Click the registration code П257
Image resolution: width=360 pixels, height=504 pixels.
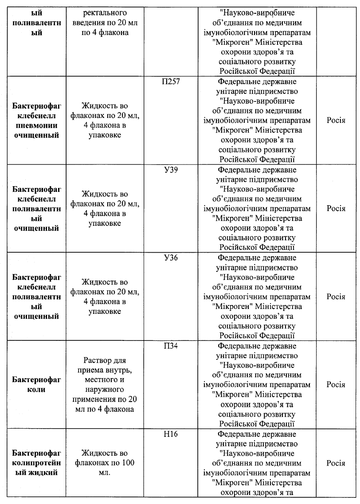coord(171,82)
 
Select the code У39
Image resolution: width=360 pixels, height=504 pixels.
coord(171,170)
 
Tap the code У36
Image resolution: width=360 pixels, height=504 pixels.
coord(171,258)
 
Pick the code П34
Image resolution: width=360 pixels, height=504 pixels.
coord(171,346)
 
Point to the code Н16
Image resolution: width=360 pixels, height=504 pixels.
coord(171,434)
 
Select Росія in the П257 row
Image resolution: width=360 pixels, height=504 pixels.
coord(336,120)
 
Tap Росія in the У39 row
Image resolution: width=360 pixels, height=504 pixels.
coord(336,208)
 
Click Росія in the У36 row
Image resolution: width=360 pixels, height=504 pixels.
coord(336,297)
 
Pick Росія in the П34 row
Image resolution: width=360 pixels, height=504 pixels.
coord(336,384)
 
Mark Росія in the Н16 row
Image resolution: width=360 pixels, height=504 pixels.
coord(336,463)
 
